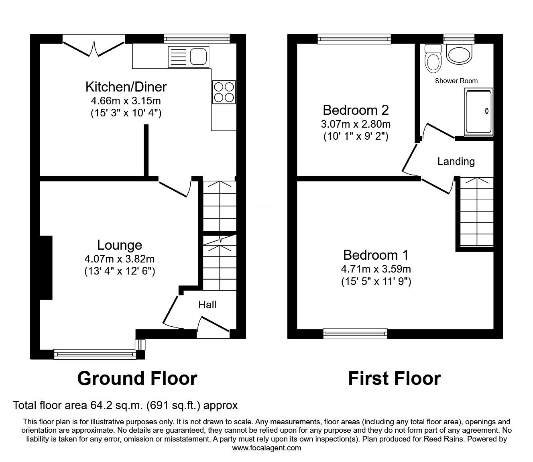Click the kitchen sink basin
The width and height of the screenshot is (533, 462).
199,56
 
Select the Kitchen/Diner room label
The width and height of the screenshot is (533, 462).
126,87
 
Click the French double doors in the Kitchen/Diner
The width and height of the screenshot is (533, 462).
94,46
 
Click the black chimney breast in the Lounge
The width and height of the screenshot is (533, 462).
46,268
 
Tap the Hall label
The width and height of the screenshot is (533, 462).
207,305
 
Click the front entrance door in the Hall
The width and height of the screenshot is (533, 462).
214,324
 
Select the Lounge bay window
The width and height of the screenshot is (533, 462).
95,354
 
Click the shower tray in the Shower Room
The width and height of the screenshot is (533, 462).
478,112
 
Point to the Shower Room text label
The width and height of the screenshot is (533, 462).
456,81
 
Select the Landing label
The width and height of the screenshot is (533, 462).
456,161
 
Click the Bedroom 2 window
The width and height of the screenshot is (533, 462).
354,39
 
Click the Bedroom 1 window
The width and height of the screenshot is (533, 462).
356,332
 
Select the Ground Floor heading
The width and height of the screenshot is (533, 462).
137,378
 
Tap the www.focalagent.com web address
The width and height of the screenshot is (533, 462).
266,448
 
